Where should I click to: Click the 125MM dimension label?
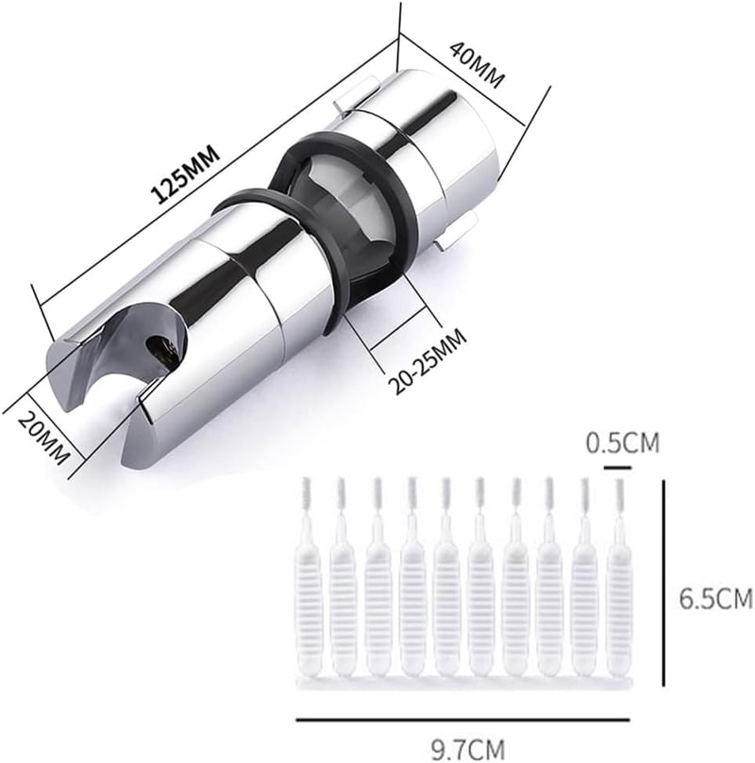pos(185,173)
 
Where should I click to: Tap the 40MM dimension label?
pos(477,65)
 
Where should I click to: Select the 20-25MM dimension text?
pos(428,361)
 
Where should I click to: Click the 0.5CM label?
pos(622,443)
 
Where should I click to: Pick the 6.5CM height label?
pos(715,598)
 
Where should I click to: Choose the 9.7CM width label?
pos(468,750)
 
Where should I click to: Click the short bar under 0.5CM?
pos(617,468)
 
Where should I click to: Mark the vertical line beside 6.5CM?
pos(664,582)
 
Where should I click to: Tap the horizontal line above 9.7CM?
pos(462,720)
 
